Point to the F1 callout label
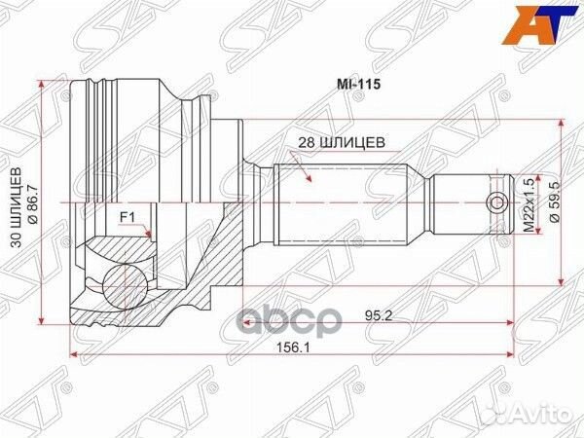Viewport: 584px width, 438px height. click(x=127, y=216)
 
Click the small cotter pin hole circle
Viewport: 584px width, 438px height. click(x=496, y=202)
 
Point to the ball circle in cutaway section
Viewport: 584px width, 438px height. click(x=122, y=281)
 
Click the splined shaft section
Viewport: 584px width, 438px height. click(x=341, y=202)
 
